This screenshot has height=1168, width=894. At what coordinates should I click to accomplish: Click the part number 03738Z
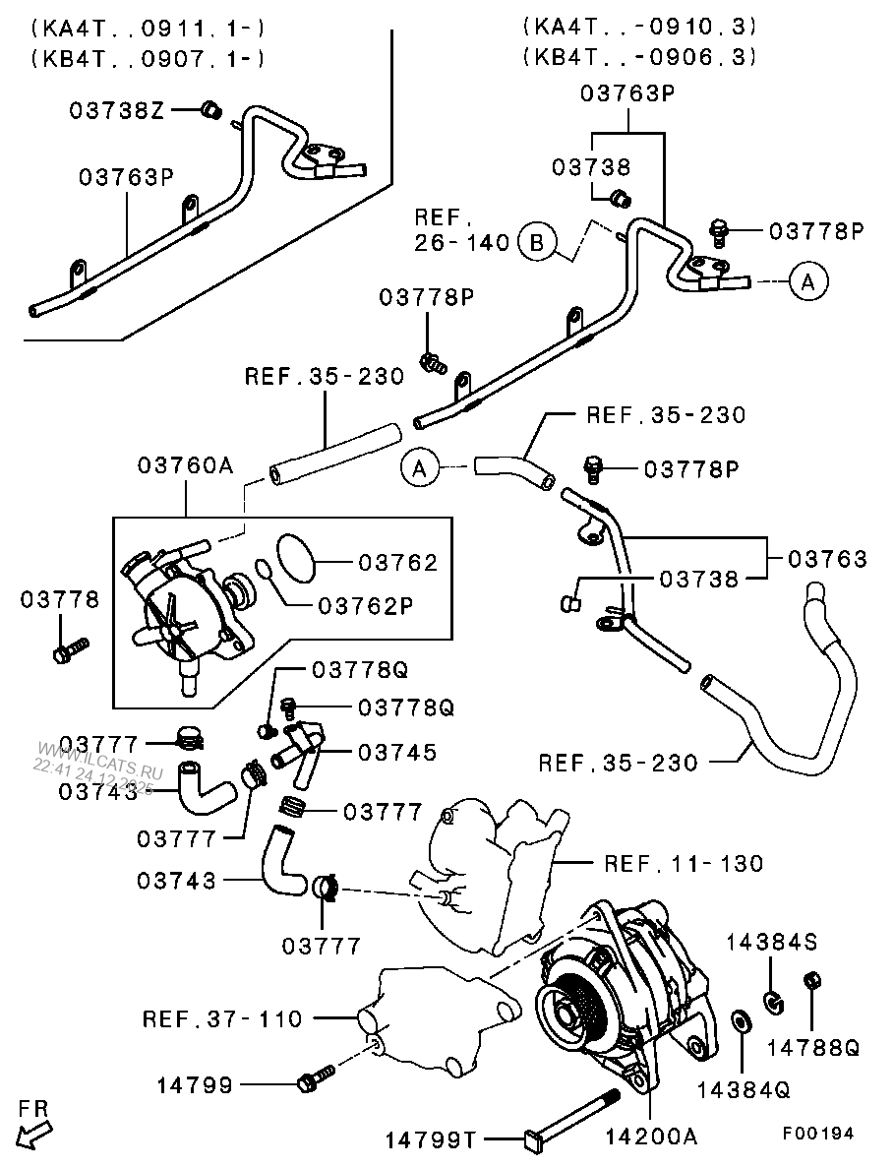(116, 110)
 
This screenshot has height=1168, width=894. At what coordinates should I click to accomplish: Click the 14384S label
(772, 943)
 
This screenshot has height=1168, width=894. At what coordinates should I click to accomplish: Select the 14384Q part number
(744, 1089)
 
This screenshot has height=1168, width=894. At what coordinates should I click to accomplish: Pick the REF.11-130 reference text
(684, 864)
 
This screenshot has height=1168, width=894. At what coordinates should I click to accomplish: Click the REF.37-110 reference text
(222, 1018)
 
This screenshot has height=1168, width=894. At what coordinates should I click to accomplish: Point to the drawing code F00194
(818, 1133)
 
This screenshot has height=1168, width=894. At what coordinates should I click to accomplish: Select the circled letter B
(537, 241)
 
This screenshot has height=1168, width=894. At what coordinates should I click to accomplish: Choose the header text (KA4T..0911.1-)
(148, 27)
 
